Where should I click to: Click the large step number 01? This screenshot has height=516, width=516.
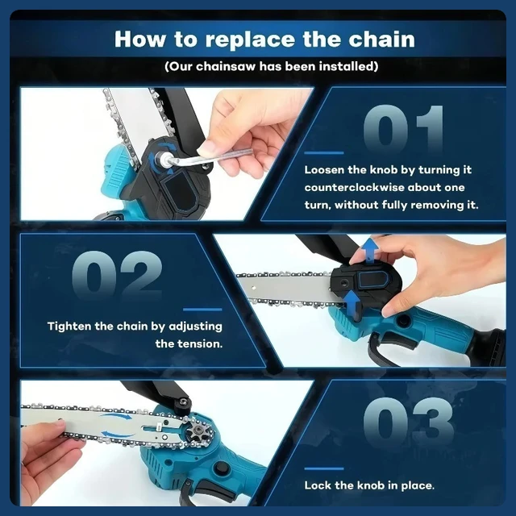403,128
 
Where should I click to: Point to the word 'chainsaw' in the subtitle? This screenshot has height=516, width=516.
226,66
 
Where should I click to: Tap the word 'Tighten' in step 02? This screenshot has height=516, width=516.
69,327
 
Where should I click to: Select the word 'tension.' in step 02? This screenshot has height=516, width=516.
201,344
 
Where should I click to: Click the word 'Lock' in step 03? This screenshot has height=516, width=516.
318,485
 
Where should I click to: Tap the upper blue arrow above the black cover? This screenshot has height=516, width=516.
370,249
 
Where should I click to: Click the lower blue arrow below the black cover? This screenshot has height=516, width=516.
352,305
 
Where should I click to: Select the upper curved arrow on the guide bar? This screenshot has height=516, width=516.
115,417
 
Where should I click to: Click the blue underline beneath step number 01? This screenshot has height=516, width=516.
324,153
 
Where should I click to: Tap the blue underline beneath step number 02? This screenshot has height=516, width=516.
202,310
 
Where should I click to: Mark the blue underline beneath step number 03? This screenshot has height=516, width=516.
324,468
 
